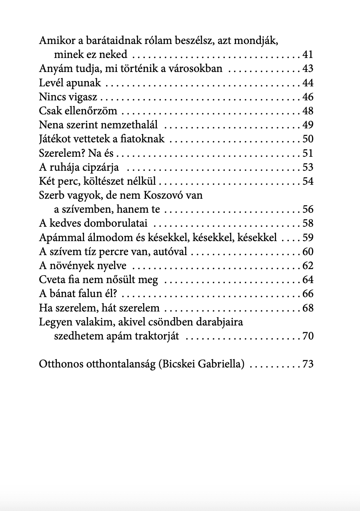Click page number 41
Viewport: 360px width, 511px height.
(x=308, y=55)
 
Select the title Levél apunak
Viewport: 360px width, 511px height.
(x=70, y=83)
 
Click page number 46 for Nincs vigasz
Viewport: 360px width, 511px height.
(x=308, y=97)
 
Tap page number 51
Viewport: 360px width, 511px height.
(x=308, y=153)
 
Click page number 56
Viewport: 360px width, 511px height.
(x=308, y=210)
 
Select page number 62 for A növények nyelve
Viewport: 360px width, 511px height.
(x=308, y=266)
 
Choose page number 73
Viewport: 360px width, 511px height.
(x=308, y=365)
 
